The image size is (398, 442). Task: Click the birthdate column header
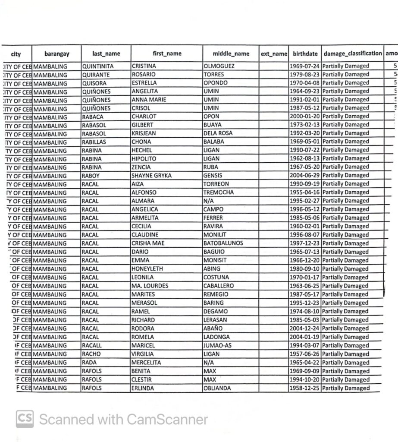coord(305,54)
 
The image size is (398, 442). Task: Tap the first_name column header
coord(167,54)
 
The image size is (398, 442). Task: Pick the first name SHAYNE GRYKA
coord(151,175)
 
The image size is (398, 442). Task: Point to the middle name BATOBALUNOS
coord(223,243)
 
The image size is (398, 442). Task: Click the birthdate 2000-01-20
coord(304,117)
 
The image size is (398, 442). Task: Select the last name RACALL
coord(92,345)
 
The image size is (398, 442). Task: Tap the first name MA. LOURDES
coord(150,286)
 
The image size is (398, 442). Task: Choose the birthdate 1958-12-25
coord(304,388)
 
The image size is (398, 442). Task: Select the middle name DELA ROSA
coord(218,133)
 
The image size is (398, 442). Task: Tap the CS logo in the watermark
coord(25,419)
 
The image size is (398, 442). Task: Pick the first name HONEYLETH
coord(147,268)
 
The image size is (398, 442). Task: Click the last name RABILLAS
coord(94,142)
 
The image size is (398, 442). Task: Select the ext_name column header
coord(274,54)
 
